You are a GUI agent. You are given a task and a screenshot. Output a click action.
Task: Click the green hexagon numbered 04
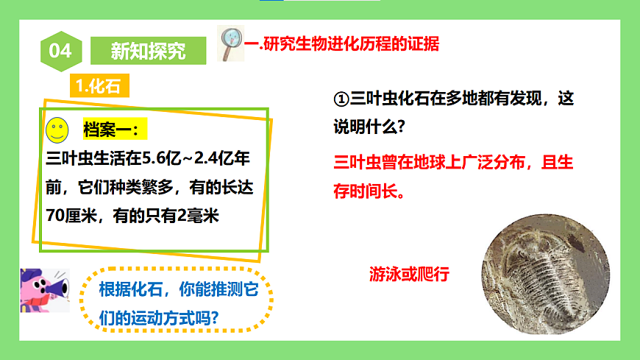click(x=60, y=51)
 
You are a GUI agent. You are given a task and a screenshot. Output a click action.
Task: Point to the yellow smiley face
click(x=57, y=131)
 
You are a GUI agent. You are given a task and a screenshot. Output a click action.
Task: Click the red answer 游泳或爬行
click(x=409, y=276)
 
